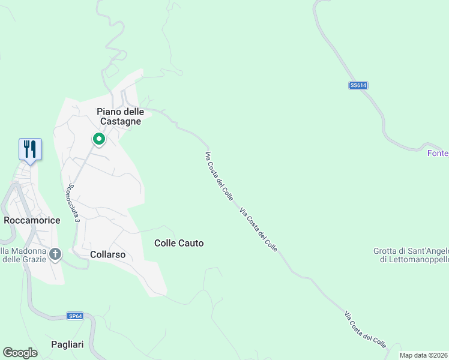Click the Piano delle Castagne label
pyautogui.click(x=119, y=116)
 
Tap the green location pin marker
pyautogui.click(x=99, y=139)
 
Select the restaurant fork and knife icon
pyautogui.click(x=30, y=149)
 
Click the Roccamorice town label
pyautogui.click(x=32, y=220)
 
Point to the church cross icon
pyautogui.click(x=55, y=254)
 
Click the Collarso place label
pyautogui.click(x=107, y=254)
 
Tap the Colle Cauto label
pyautogui.click(x=179, y=243)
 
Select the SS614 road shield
pyautogui.click(x=358, y=86)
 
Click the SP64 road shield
pyautogui.click(x=74, y=316)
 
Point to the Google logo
pyautogui.click(x=20, y=353)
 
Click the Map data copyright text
pyautogui.click(x=424, y=355)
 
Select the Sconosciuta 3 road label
pyautogui.click(x=73, y=203)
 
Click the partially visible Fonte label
pyautogui.click(x=438, y=154)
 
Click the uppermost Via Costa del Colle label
pyautogui.click(x=219, y=176)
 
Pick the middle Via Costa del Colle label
pyautogui.click(x=259, y=229)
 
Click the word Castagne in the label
pyautogui.click(x=119, y=121)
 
